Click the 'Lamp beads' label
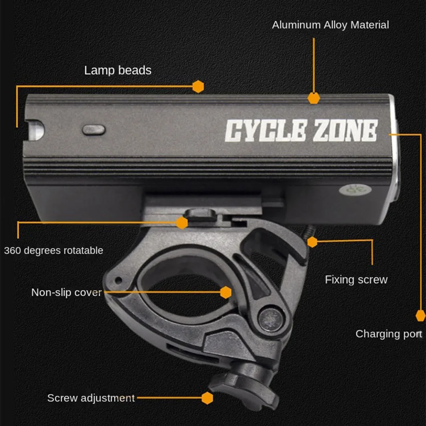(118, 70)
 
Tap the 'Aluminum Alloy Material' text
(330, 25)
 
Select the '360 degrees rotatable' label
(54, 250)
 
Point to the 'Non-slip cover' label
(66, 292)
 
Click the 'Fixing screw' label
(356, 279)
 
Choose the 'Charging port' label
(389, 334)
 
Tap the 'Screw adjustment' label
(91, 398)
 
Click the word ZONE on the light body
(345, 130)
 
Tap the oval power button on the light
(94, 130)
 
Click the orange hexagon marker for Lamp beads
(198, 86)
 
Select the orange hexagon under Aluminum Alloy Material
(314, 98)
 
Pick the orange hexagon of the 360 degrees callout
(182, 222)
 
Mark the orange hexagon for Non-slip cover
(226, 292)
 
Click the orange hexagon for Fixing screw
(312, 242)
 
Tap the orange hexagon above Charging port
(420, 316)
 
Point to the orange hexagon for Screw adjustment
(207, 398)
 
